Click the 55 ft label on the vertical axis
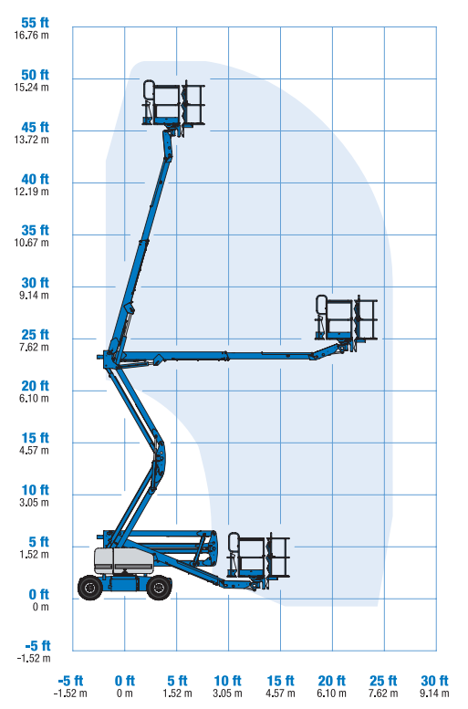(x=35, y=23)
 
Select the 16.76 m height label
(x=31, y=36)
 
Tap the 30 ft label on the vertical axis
(x=35, y=283)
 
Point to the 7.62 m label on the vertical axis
(x=34, y=348)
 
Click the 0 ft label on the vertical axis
(x=38, y=594)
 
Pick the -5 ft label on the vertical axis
(x=37, y=646)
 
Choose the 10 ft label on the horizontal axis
(x=227, y=681)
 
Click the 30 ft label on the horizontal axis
(x=434, y=681)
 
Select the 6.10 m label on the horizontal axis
(x=331, y=693)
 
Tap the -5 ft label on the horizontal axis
(x=70, y=681)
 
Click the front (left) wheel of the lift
(x=90, y=588)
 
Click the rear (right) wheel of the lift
(x=159, y=588)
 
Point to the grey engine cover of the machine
(x=123, y=561)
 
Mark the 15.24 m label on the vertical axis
(x=31, y=88)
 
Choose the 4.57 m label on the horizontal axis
(x=280, y=693)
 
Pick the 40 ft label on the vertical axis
(x=35, y=179)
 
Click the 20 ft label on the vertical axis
(x=35, y=386)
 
